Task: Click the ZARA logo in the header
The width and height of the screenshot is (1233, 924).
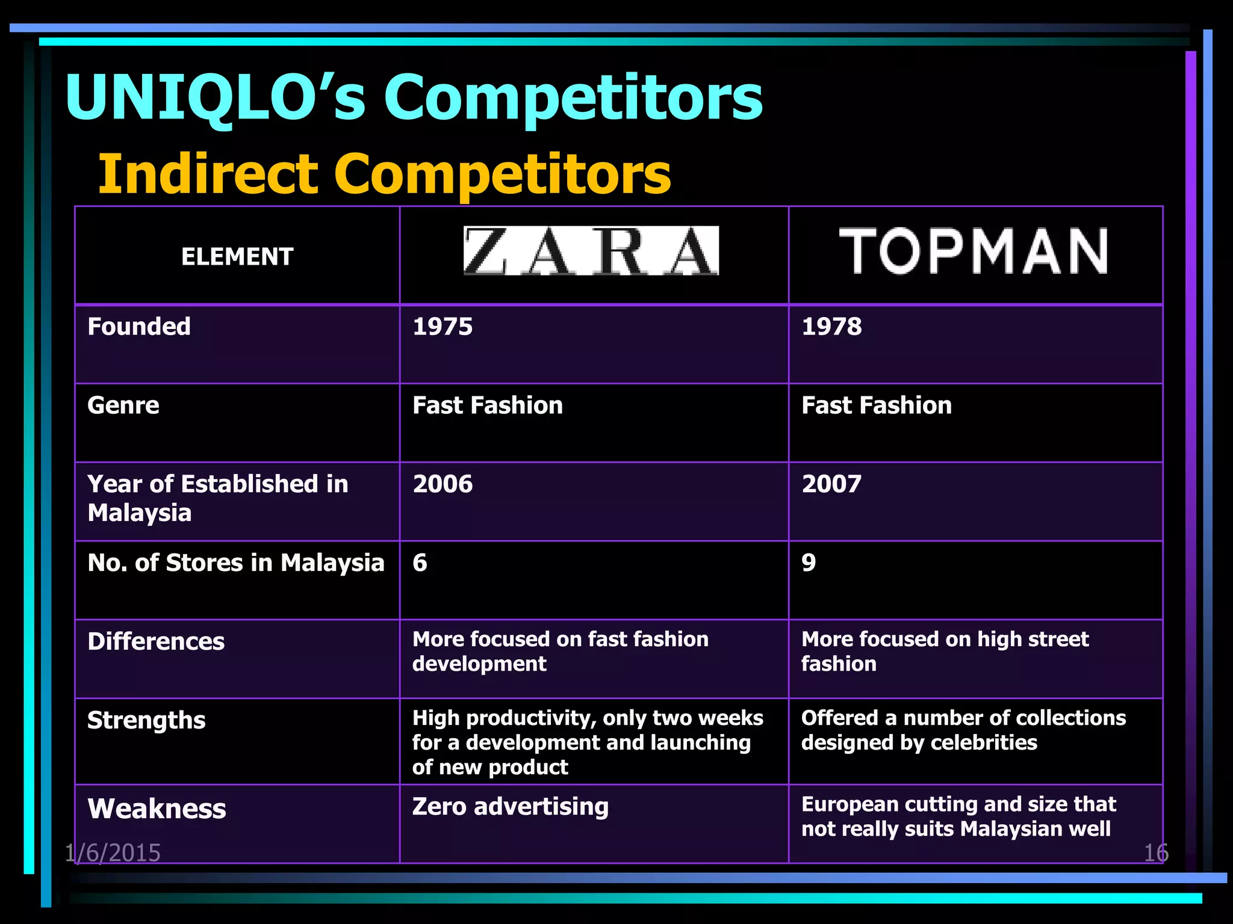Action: tap(591, 251)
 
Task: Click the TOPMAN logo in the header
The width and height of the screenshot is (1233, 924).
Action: tap(974, 251)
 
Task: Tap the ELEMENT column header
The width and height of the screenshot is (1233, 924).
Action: tap(237, 257)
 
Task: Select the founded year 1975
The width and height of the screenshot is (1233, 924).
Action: tap(443, 327)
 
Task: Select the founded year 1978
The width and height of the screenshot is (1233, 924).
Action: tap(831, 327)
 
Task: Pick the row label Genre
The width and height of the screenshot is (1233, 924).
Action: tap(123, 405)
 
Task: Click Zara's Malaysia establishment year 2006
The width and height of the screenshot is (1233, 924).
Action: tap(443, 484)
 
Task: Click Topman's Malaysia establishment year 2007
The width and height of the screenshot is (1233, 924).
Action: tap(831, 484)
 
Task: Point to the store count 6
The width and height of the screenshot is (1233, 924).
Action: tap(420, 563)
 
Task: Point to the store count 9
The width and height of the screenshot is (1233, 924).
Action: tap(809, 563)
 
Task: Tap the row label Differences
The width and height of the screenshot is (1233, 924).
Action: tap(156, 642)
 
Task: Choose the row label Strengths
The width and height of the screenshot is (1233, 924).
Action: tap(146, 721)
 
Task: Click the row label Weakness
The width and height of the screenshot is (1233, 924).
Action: tap(157, 808)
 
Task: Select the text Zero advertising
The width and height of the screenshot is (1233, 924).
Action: tap(510, 807)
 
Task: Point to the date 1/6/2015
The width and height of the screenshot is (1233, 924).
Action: tap(113, 853)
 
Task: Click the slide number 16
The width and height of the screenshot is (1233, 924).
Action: tap(1155, 853)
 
